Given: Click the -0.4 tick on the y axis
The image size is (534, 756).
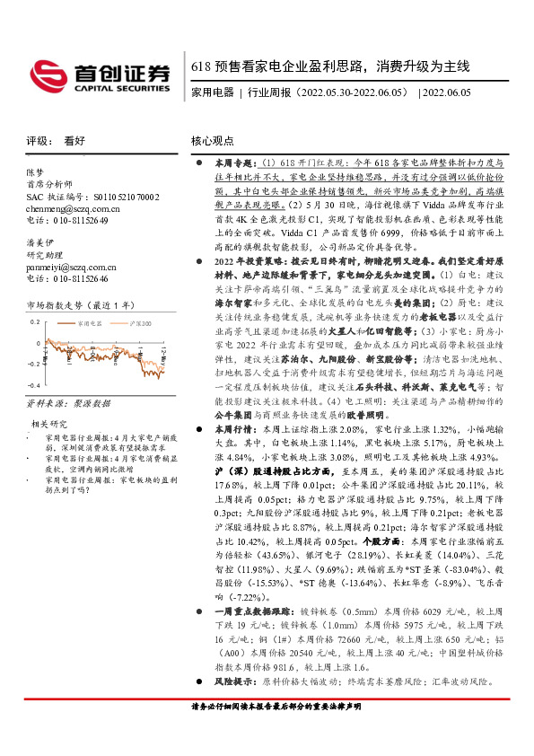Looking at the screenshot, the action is [x=34, y=387].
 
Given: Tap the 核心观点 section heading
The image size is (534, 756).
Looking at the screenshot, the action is [x=213, y=141].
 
